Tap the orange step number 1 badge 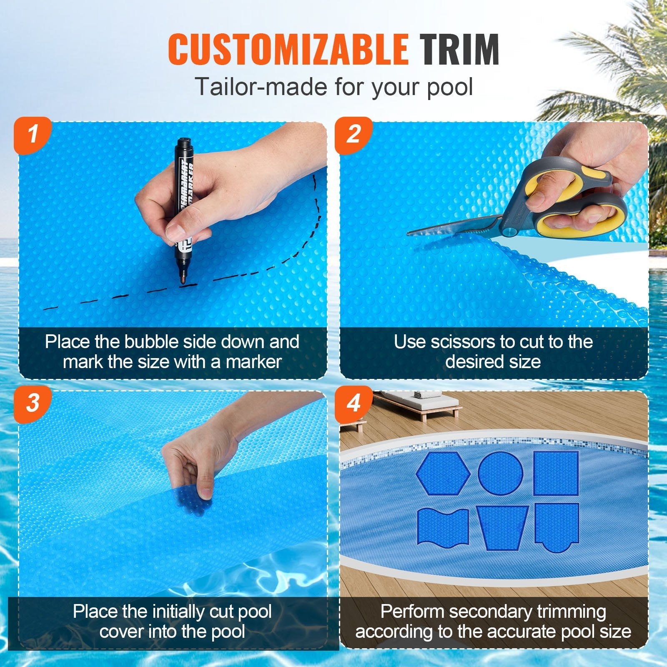[33, 135]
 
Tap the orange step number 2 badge [354, 135]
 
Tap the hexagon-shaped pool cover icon [443, 473]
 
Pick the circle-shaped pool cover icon [500, 472]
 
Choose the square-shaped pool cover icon [556, 473]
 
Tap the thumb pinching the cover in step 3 [204, 491]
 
